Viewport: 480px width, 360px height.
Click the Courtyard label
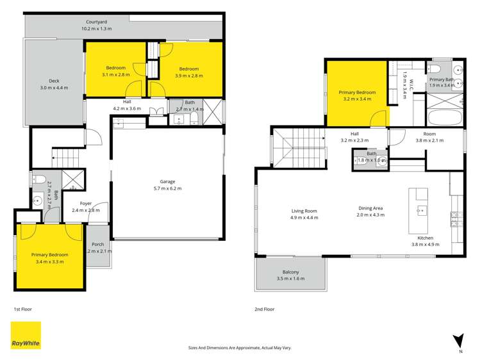point(97,25)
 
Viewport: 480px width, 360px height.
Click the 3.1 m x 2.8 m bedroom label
point(115,72)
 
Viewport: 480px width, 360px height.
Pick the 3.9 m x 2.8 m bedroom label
point(188,72)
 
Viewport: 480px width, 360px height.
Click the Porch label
point(98,244)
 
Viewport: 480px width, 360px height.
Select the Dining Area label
point(370,211)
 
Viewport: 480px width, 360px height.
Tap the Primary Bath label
point(441,81)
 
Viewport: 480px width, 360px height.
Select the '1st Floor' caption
point(23,309)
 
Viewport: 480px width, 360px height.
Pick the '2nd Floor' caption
point(264,309)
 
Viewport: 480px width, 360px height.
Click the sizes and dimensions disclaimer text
point(240,347)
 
